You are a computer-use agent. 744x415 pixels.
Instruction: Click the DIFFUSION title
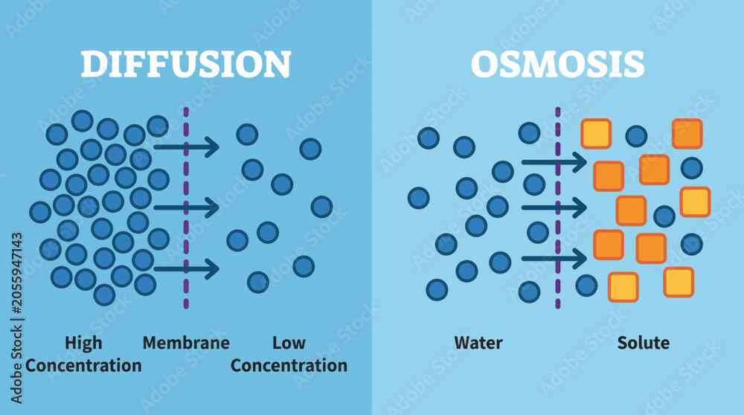pyautogui.click(x=186, y=64)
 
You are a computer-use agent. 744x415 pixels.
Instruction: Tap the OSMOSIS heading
pyautogui.click(x=558, y=64)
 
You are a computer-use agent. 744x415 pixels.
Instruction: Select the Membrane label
pyautogui.click(x=186, y=342)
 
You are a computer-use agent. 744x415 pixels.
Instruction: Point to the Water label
pyautogui.click(x=478, y=342)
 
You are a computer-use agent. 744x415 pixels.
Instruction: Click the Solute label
pyautogui.click(x=644, y=342)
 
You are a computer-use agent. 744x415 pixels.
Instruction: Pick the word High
pyautogui.click(x=83, y=343)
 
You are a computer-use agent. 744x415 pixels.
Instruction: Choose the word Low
pyautogui.click(x=289, y=342)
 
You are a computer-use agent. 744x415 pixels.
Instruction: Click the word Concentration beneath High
pyautogui.click(x=83, y=365)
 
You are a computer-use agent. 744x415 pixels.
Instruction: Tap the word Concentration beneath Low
pyautogui.click(x=289, y=365)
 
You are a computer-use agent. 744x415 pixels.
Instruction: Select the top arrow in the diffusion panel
pyautogui.click(x=187, y=147)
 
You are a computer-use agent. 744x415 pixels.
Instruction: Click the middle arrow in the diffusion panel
pyautogui.click(x=187, y=207)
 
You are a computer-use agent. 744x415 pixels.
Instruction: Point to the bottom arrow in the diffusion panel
pyautogui.click(x=187, y=269)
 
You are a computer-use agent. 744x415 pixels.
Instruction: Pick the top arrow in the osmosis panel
pyautogui.click(x=555, y=162)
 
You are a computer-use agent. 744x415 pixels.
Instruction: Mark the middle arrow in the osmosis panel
pyautogui.click(x=555, y=207)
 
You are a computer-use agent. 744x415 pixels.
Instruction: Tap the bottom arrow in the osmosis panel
pyautogui.click(x=555, y=259)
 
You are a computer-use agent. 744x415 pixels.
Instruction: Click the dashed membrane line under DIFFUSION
pyautogui.click(x=186, y=208)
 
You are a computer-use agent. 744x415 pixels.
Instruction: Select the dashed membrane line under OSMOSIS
pyautogui.click(x=558, y=208)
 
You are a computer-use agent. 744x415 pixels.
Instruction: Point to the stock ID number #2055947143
pyautogui.click(x=16, y=273)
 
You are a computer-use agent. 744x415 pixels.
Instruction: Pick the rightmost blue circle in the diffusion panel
pyautogui.click(x=321, y=207)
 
